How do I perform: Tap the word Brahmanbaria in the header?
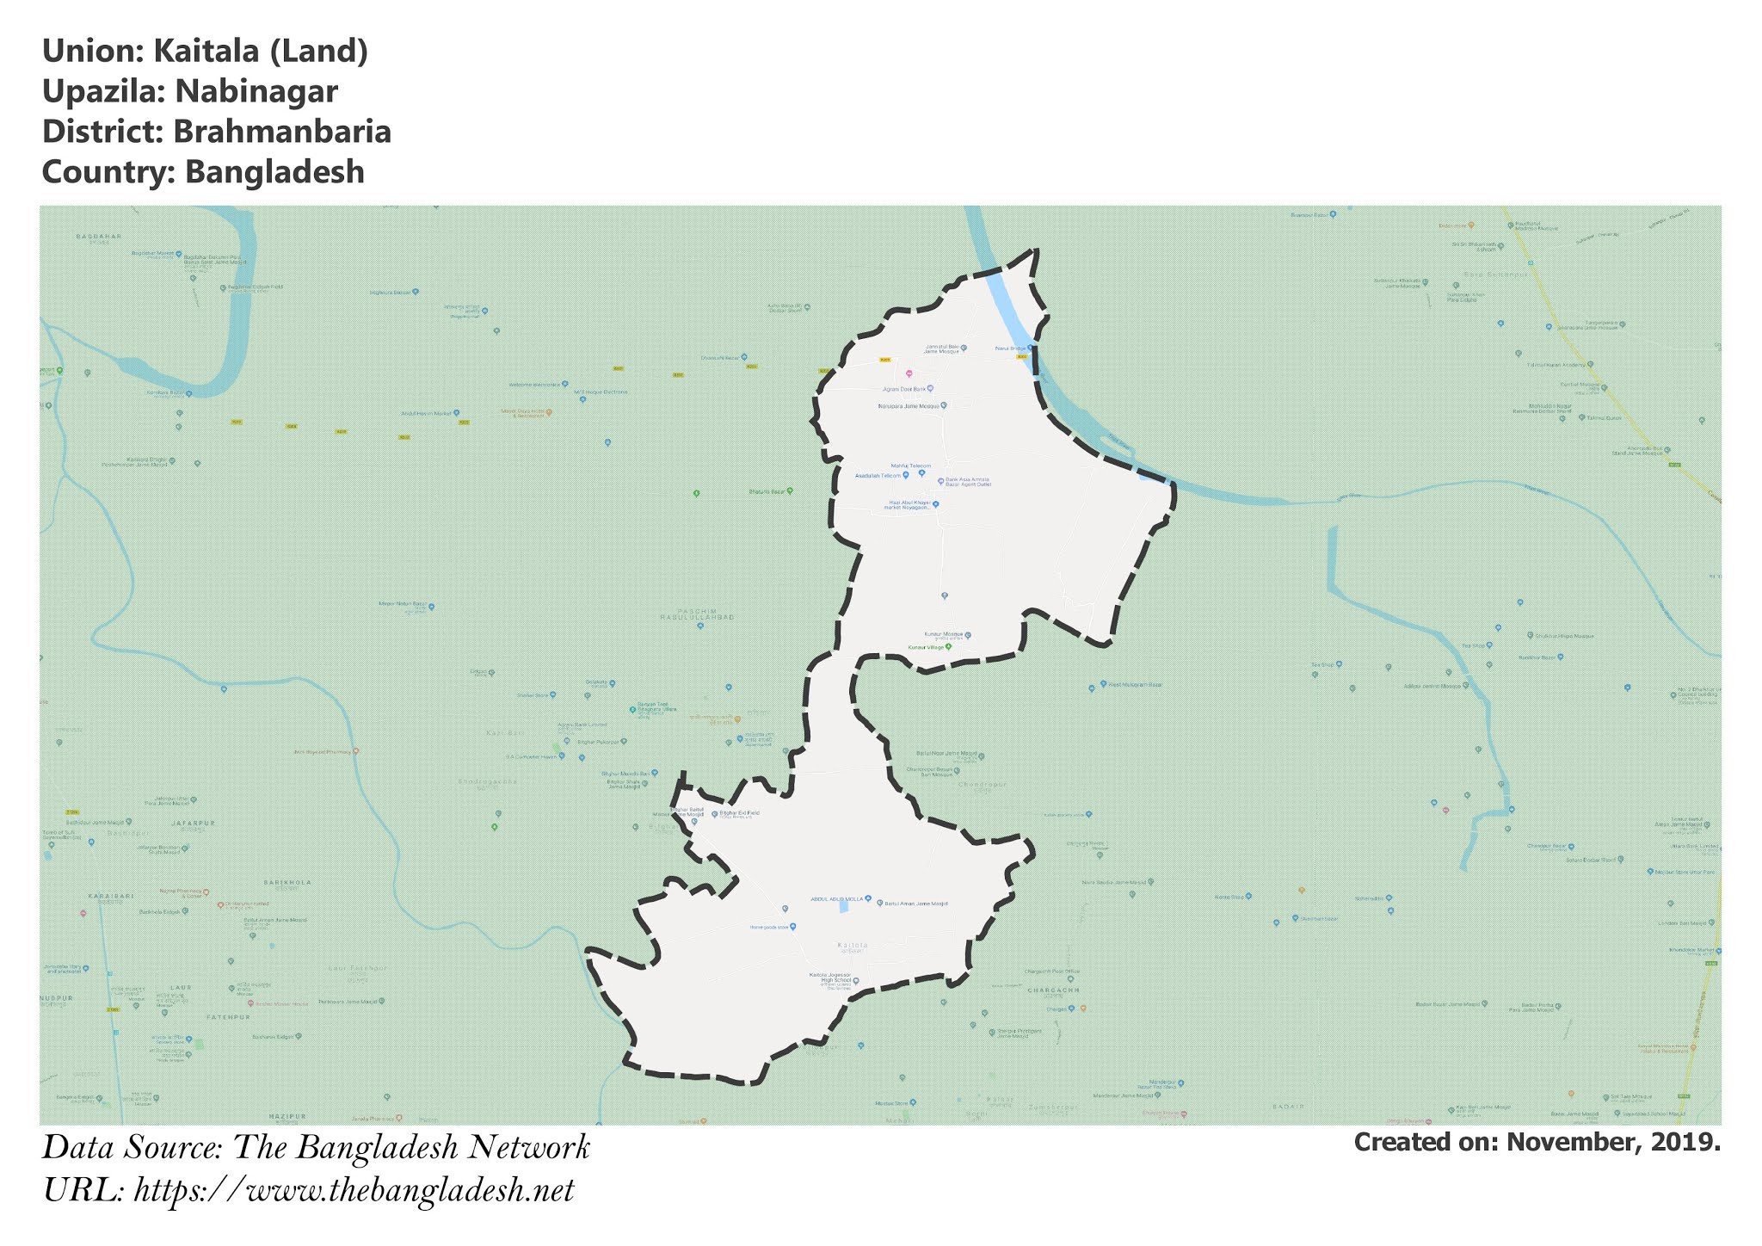pyautogui.click(x=281, y=132)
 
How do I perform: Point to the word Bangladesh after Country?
pyautogui.click(x=274, y=172)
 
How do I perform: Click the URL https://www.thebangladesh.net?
pyautogui.click(x=354, y=1191)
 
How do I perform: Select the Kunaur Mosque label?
pyautogui.click(x=943, y=635)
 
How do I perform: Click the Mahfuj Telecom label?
pyautogui.click(x=910, y=466)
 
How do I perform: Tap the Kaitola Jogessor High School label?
pyautogui.click(x=829, y=978)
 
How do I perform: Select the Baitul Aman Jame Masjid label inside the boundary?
pyautogui.click(x=916, y=904)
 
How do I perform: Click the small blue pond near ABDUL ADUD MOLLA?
pyautogui.click(x=844, y=904)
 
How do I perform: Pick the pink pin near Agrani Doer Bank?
pyautogui.click(x=909, y=374)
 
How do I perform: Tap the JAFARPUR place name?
pyautogui.click(x=194, y=823)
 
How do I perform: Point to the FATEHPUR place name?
pyautogui.click(x=228, y=1017)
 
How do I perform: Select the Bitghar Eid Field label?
pyautogui.click(x=739, y=812)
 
